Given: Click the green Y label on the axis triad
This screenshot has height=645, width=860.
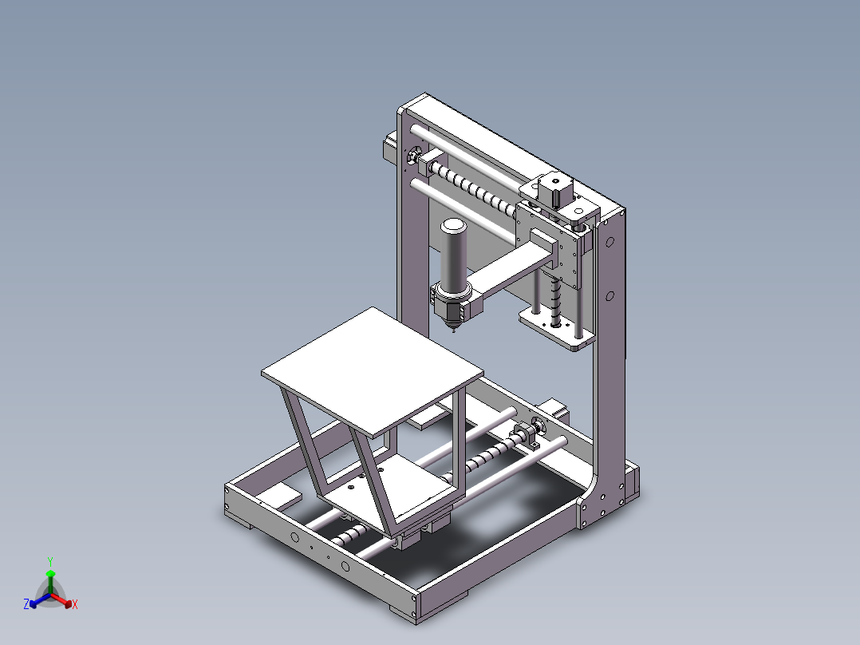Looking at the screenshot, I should (50, 561).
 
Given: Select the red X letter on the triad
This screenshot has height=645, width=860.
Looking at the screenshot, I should (74, 605).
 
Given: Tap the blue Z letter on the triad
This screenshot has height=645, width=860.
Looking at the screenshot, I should (26, 605).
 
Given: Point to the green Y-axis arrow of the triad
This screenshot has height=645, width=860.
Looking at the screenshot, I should (50, 579).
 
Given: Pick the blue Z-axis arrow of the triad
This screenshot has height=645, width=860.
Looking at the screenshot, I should (37, 600).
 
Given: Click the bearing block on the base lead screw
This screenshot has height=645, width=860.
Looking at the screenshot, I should (525, 433).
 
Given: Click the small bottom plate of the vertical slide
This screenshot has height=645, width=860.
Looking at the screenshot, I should (557, 329).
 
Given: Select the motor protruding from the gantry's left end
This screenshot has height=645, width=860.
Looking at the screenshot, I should (389, 148).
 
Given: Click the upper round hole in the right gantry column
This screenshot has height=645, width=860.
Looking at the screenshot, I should (609, 240).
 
